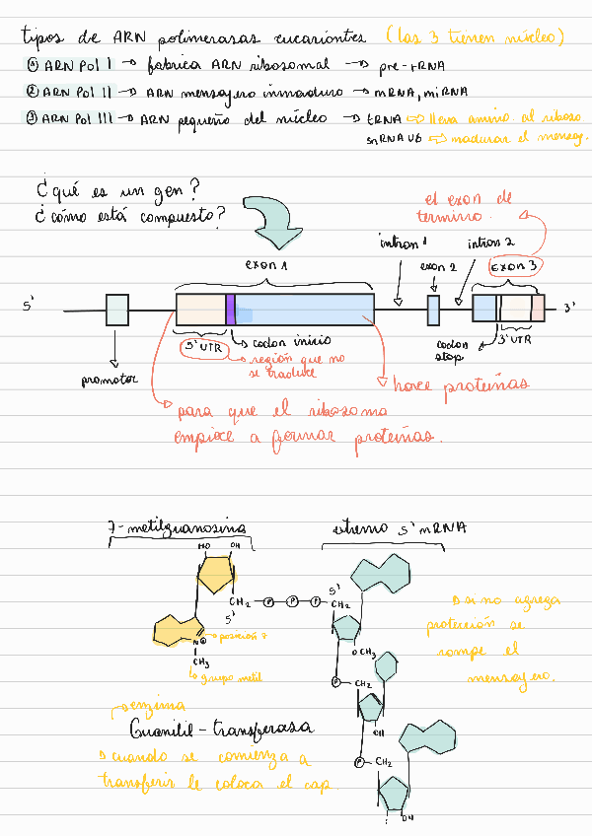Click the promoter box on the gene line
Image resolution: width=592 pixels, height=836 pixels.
tap(116, 310)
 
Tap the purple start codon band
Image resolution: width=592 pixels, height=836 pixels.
tap(230, 310)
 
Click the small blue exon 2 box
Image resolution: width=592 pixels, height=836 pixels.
tap(433, 310)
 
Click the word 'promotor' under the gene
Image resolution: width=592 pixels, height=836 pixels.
tap(111, 379)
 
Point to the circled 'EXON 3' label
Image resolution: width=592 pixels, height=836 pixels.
tap(516, 268)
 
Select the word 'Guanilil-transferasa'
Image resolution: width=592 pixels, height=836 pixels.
tap(221, 730)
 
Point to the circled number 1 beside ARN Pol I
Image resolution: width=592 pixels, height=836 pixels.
tap(33, 65)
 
